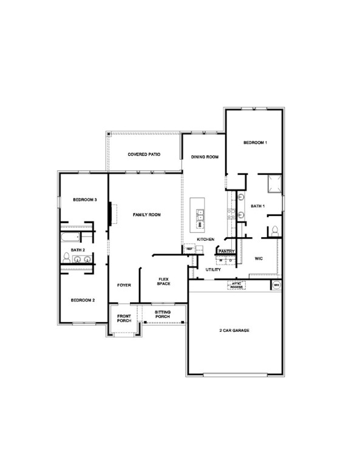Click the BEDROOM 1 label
[x=255, y=143]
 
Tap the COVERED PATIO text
[x=144, y=155]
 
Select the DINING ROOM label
[x=204, y=157]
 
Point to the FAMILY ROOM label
[x=146, y=215]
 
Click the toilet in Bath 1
[x=274, y=231]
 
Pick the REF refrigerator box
[x=189, y=249]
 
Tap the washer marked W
[x=221, y=260]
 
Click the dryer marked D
[x=231, y=260]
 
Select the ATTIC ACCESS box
[x=237, y=284]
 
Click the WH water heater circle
[x=276, y=285]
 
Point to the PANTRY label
[x=226, y=251]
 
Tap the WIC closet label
[x=257, y=258]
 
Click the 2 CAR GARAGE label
[x=234, y=331]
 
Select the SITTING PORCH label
[x=162, y=314]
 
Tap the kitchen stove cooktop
[x=231, y=213]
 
